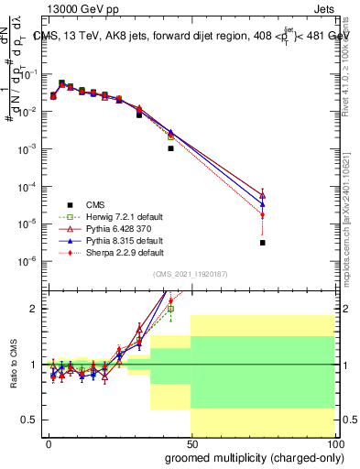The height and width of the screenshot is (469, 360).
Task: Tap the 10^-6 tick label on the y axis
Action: coord(27,262)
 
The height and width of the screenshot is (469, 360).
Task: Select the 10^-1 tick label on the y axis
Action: coord(27,74)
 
